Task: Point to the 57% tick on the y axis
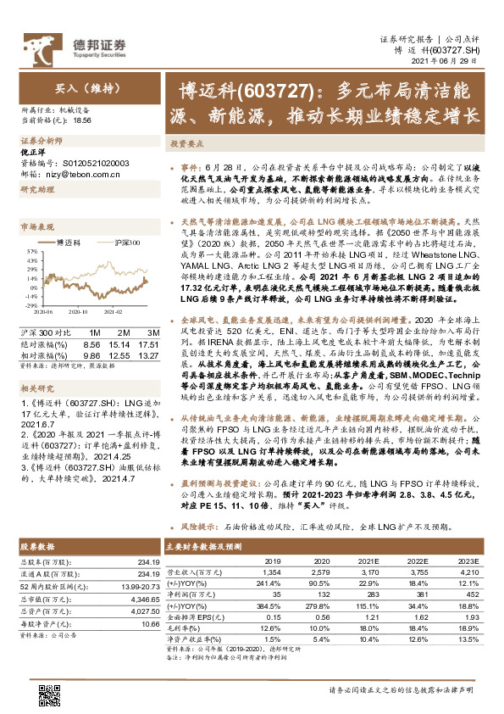29,251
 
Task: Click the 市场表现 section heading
36,227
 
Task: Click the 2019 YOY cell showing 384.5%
264,609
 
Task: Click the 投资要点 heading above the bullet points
186,144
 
